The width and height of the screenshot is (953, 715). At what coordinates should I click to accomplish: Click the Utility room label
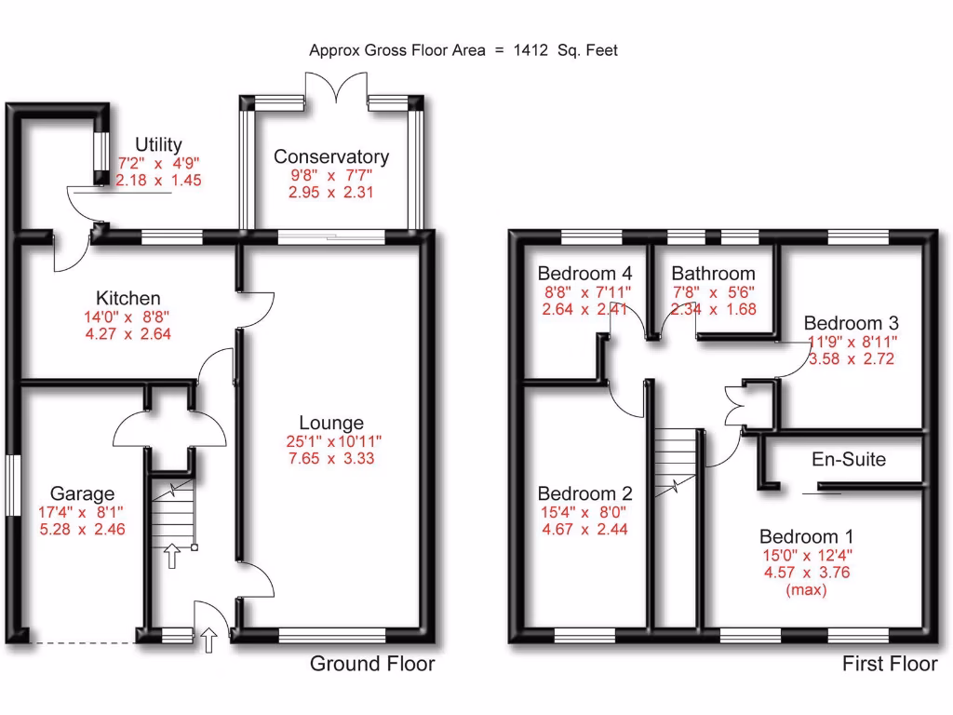pos(158,144)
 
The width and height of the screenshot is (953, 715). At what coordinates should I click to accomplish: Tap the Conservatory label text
pos(331,156)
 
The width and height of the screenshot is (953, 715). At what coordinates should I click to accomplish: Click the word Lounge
pos(331,424)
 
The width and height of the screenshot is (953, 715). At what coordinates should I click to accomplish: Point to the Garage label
pos(83,493)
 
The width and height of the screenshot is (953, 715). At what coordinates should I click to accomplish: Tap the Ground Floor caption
pos(372,664)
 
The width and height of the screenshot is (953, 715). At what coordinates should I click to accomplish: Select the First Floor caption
pos(890,664)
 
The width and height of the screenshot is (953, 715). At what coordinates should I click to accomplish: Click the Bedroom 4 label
pos(585,274)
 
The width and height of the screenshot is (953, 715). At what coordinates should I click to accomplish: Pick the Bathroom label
pos(713,274)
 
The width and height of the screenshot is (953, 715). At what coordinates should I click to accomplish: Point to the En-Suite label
pos(849,459)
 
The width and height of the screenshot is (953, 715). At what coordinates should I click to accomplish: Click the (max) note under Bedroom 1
pos(806,589)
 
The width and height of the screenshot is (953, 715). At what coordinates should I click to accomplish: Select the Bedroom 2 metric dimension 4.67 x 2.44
pos(585,529)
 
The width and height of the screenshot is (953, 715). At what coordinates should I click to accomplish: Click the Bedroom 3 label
pos(852,323)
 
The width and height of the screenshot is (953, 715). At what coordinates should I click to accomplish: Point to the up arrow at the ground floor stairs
pos(171,557)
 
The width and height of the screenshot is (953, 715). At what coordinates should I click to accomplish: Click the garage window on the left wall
pos(12,484)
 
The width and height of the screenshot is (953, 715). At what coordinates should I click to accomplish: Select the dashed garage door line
pos(81,642)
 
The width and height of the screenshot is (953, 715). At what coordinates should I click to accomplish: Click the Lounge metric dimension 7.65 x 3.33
pos(331,458)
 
